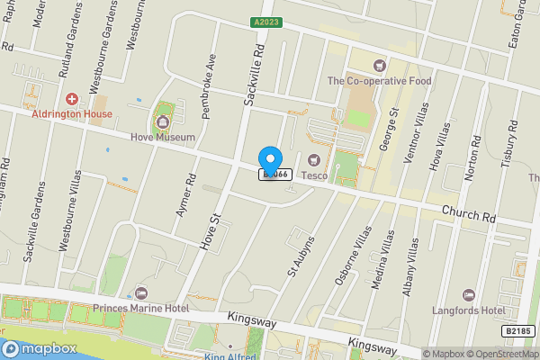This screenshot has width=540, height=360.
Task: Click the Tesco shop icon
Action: (314, 160)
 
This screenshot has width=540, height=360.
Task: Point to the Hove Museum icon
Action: (163, 121)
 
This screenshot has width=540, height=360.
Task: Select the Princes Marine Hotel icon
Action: (141, 293)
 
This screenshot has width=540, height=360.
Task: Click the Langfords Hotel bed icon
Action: (468, 294)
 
